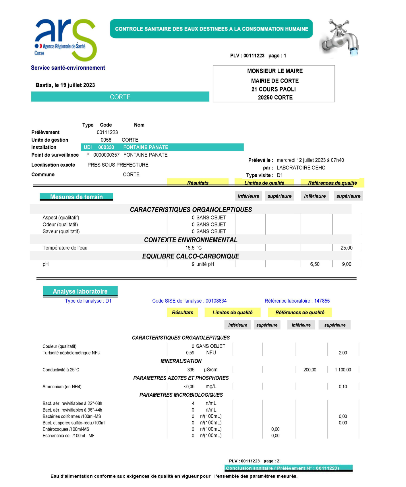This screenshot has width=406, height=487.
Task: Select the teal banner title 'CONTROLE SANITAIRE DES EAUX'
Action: (211, 29)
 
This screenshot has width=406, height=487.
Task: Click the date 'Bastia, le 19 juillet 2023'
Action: (65, 85)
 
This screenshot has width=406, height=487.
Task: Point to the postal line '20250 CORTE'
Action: (275, 98)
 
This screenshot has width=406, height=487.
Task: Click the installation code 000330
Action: (106, 147)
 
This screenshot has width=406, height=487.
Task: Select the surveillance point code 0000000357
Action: (106, 155)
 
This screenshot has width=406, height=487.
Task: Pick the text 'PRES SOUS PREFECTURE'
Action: (118, 165)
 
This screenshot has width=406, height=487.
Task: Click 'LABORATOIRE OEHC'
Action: (301, 168)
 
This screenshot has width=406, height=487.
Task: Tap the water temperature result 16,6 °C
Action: (193, 248)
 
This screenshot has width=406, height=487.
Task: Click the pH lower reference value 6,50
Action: (315, 264)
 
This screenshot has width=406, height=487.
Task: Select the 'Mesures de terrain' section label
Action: (76, 197)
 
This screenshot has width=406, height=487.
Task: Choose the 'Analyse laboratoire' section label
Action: (80, 291)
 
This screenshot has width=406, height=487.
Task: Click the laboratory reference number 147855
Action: (322, 301)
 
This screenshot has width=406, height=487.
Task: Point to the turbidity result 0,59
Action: (190, 353)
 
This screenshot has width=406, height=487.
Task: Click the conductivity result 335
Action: (191, 370)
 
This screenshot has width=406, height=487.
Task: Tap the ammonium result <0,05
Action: (189, 387)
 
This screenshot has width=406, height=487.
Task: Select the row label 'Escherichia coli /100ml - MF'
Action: (68, 436)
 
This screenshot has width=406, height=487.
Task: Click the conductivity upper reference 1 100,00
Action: (343, 370)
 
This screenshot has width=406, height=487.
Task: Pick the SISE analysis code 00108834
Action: (216, 301)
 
